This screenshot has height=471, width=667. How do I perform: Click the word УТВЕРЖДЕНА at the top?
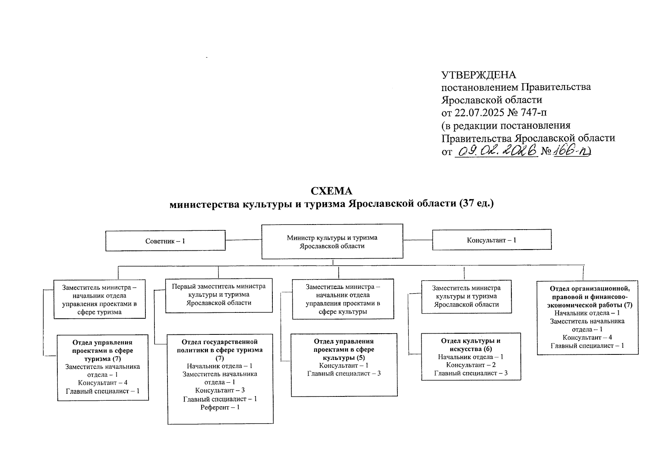(478, 75)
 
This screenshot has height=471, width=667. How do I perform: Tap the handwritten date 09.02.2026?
(496, 151)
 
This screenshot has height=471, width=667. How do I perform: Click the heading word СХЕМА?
(331, 191)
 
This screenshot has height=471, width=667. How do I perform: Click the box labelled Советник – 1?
(165, 241)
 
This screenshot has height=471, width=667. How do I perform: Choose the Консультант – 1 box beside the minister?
(492, 240)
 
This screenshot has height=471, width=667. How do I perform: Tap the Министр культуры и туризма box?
(332, 241)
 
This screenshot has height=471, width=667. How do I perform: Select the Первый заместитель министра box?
(219, 295)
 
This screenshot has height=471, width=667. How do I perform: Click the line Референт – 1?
(220, 407)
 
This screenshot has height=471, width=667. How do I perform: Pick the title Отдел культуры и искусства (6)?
(470, 345)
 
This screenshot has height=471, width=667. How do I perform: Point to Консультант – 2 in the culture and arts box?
(471, 365)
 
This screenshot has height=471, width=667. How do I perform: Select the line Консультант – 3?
(220, 391)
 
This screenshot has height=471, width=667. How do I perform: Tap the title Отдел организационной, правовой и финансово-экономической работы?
(587, 296)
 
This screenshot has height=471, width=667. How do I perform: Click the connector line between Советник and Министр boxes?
(243, 240)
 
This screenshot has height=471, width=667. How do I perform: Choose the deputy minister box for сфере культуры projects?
(342, 299)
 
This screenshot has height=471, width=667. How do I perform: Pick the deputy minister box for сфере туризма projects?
(99, 299)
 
